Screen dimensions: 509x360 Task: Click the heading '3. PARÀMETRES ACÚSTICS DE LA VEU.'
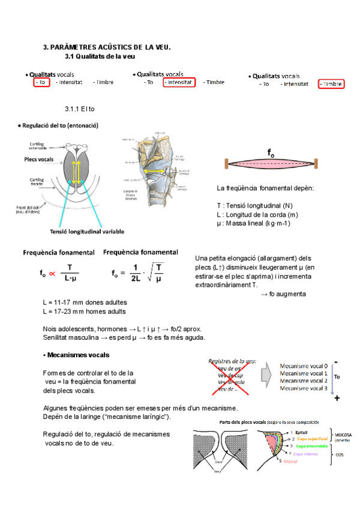pos(107,47)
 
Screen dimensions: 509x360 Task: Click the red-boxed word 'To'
pos(41,82)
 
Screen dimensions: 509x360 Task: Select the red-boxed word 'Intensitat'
pos(179,82)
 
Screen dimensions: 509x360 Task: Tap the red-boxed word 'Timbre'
pos(331,84)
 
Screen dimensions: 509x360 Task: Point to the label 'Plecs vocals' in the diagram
pos(38,159)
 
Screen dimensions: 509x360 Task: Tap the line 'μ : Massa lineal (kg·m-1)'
pos(253,223)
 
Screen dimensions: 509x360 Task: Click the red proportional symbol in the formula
pos(52,274)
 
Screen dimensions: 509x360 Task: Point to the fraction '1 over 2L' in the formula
pos(135,273)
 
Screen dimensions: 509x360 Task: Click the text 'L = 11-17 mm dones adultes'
pos(85,302)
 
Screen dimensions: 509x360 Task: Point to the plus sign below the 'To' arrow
pos(337,398)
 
